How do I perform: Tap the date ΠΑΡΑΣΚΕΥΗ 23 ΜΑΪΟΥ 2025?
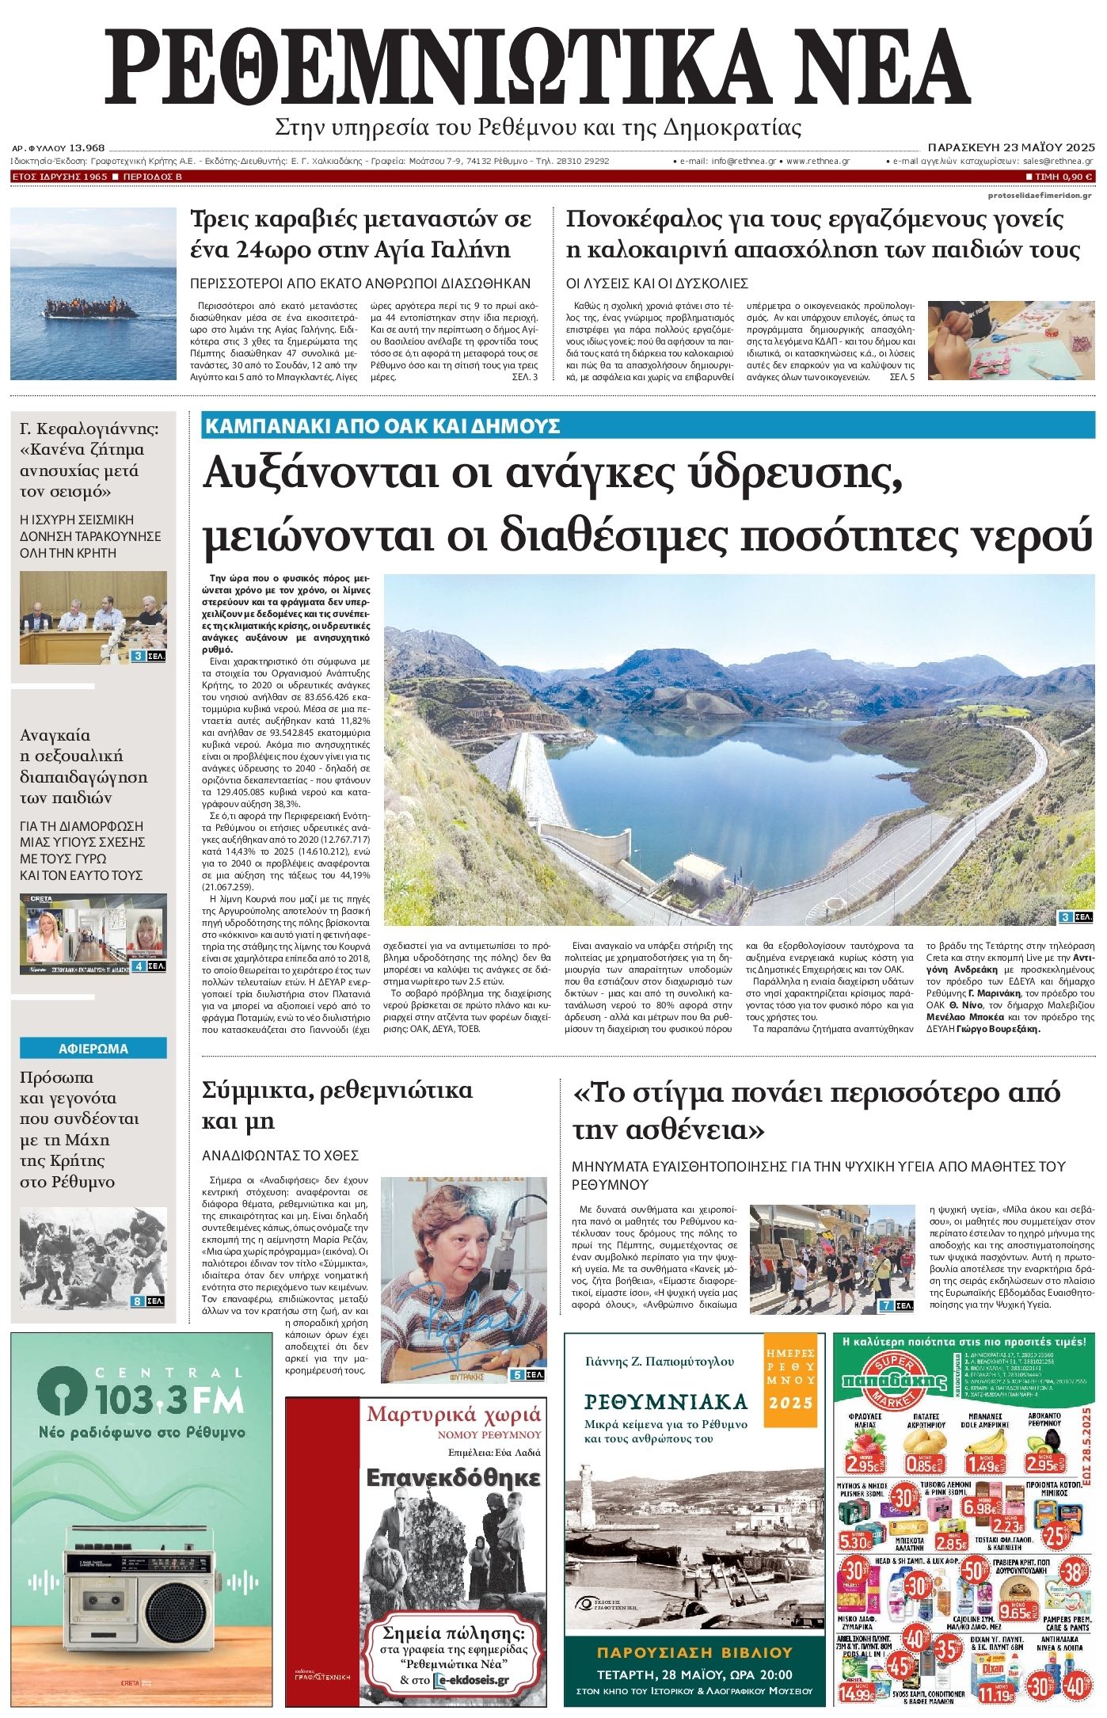1010,147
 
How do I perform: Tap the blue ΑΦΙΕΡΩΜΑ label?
93,1049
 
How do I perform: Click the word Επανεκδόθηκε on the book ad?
454,1479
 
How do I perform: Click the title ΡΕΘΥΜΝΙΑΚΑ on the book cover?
666,1402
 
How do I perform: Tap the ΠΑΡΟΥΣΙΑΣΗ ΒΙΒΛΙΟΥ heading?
694,1653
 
